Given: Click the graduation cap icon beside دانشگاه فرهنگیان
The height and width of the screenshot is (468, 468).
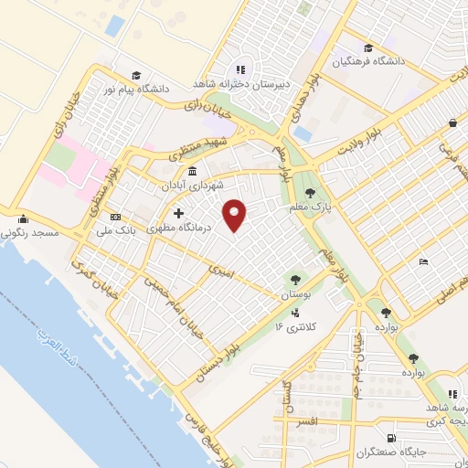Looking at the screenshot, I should (x=367, y=48).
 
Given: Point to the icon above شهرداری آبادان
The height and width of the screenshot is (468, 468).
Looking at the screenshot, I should (x=192, y=172).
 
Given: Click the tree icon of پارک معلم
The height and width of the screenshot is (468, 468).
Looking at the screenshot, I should (x=311, y=193).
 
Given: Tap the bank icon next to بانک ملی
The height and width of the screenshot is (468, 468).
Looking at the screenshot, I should (x=115, y=217).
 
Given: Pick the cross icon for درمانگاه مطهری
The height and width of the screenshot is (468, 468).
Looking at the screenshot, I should (x=178, y=215).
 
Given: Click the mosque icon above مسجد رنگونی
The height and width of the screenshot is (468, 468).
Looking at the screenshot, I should (x=23, y=219).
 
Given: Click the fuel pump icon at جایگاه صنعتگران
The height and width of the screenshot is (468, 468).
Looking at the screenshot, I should (x=391, y=439).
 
